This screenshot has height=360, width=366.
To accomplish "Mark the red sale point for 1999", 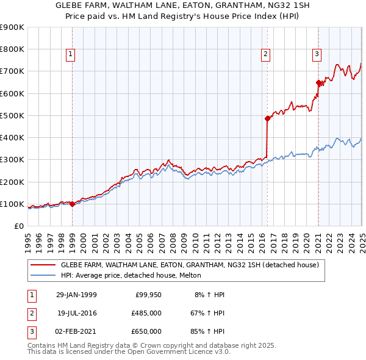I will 73,204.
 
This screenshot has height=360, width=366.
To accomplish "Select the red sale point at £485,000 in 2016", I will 267,119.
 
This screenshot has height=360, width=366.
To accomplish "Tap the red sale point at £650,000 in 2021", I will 318,82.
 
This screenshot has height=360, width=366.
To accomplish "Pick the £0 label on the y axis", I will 18,226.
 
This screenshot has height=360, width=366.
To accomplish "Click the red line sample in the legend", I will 43,265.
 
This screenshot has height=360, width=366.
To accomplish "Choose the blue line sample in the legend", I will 43,275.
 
